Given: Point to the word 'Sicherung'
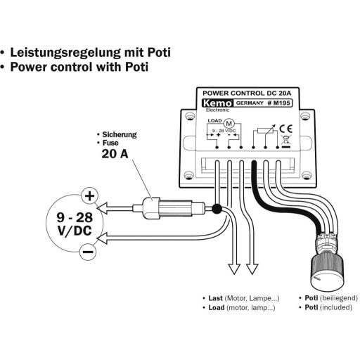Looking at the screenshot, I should [120, 133].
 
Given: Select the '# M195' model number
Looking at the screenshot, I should [282, 103].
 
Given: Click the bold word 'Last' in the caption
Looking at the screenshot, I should [216, 298].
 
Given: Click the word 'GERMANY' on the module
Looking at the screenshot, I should [248, 103].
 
